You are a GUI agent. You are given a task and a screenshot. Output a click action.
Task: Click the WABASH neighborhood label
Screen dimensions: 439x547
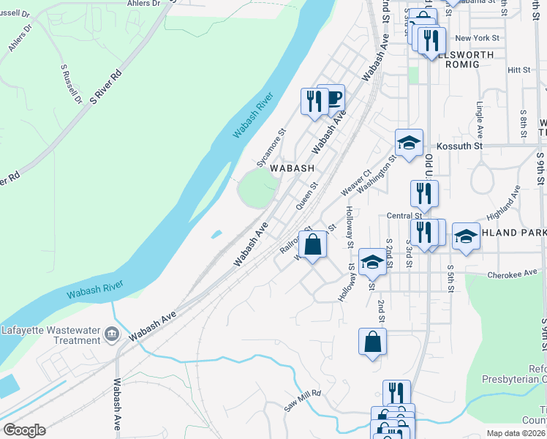(293, 168)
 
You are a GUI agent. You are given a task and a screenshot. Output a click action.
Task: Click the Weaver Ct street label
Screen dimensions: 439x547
(357, 184)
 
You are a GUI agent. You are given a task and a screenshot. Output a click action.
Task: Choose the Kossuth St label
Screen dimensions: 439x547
(461, 146)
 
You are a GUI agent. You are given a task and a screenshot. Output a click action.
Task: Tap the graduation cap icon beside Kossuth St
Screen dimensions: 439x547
(409, 143)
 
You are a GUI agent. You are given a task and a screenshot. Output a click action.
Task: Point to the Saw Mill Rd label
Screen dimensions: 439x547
(303, 401)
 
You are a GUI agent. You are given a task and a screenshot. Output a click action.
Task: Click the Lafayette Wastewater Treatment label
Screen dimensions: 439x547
(50, 334)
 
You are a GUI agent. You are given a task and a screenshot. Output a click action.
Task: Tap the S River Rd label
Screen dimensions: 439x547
(106, 89)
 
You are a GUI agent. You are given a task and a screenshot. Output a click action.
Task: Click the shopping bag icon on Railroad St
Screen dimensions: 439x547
(312, 245)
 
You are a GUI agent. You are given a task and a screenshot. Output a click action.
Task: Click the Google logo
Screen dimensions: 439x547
(23, 430)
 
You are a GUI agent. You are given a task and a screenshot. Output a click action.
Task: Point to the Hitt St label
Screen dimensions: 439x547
(518, 70)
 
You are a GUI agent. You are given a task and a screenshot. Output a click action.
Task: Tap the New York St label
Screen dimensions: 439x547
(477, 38)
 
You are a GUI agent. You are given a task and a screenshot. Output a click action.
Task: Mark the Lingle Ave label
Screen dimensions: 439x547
(480, 121)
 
